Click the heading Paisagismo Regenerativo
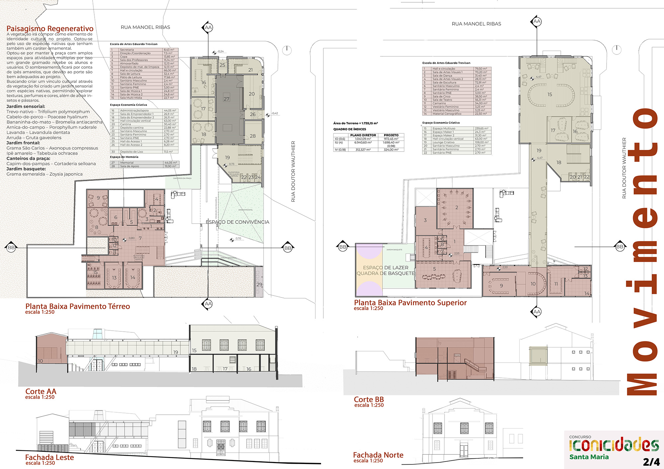[x=50, y=29]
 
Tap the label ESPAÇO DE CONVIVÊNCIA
[x=237, y=222]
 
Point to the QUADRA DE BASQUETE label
[x=385, y=273]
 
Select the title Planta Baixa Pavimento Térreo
[x=78, y=306]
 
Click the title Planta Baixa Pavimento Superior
[x=410, y=302]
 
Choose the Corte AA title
[x=41, y=391]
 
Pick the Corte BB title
[x=369, y=399]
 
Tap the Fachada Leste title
[x=49, y=457]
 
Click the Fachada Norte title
[x=378, y=455]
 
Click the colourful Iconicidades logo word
[x=614, y=445]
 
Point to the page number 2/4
[x=651, y=462]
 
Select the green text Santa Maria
[x=589, y=457]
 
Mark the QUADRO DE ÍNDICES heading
[x=350, y=129]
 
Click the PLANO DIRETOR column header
[x=363, y=135]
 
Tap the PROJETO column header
[x=391, y=135]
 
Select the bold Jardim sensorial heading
[x=26, y=106]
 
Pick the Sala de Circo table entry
[x=441, y=96]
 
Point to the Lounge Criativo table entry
[x=443, y=142]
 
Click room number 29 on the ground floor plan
[x=259, y=284]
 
